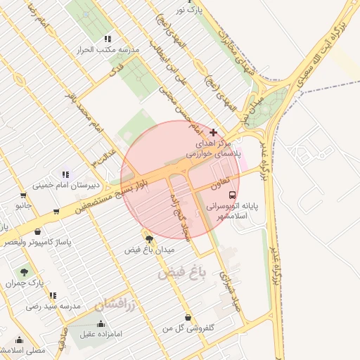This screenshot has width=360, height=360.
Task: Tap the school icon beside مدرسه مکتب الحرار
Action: [108, 39]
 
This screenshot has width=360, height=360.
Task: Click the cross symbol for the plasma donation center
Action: [214, 132]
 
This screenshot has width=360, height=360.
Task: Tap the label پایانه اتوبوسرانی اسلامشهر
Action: [233, 212]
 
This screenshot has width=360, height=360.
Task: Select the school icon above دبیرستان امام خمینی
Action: [65, 174]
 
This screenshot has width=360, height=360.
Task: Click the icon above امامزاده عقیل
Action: [102, 323]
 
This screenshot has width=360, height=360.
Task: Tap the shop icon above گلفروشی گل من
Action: [188, 317]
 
